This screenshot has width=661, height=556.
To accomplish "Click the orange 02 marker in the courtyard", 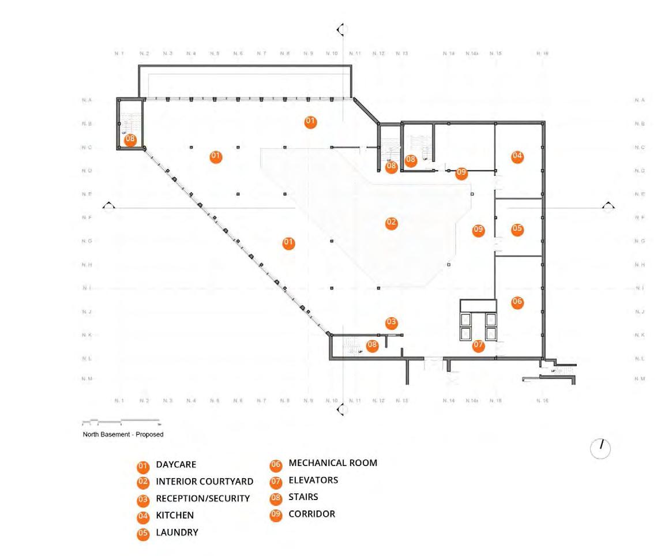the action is [x=391, y=223].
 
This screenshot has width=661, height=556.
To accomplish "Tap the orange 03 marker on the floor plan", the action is [x=392, y=322].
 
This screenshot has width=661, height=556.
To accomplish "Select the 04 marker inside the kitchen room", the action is [x=517, y=156].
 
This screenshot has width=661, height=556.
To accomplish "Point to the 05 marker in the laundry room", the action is [x=517, y=229].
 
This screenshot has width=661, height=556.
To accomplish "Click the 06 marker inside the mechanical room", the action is [x=517, y=302].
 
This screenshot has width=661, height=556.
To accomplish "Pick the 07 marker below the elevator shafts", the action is [x=478, y=345].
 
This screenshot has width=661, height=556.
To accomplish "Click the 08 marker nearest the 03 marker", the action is [x=372, y=345].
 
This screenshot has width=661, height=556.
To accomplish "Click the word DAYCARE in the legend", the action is [x=176, y=465].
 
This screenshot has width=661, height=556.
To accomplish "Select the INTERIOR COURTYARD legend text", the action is [x=204, y=482].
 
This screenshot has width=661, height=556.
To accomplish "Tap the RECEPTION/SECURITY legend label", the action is [x=202, y=498].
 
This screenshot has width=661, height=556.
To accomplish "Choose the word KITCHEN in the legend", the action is [x=175, y=516].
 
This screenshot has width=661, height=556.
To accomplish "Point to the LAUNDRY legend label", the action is [x=176, y=532].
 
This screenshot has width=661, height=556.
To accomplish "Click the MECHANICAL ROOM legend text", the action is [x=333, y=463].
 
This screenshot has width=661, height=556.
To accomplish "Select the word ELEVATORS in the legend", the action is [x=313, y=480].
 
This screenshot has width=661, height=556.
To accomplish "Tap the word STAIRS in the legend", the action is [x=303, y=497].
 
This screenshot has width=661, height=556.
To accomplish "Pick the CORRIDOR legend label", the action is [x=311, y=514].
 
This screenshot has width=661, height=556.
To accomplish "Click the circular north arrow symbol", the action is [x=600, y=448].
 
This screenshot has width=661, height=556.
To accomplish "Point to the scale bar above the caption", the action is [x=121, y=422].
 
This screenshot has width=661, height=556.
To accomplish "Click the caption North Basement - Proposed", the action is [x=123, y=434].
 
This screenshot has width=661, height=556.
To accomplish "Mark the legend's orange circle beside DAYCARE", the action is [x=143, y=466].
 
